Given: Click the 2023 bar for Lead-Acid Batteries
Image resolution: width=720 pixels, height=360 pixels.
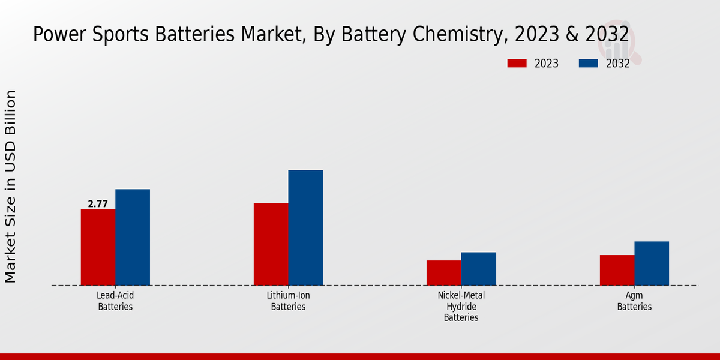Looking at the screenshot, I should click(98, 247).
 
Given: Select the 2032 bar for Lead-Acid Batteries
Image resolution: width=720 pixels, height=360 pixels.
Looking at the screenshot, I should click(133, 237).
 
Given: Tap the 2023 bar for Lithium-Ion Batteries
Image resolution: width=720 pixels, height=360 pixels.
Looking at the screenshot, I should click(271, 244).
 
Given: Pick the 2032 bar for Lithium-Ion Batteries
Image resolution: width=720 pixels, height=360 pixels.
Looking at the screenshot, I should click(305, 227).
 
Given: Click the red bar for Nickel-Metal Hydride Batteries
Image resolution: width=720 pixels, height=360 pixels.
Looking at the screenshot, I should click(444, 272).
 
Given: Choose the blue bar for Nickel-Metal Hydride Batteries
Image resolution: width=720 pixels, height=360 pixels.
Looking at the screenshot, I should click(479, 268).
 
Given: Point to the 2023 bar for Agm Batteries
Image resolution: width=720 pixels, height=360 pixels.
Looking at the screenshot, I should click(617, 270).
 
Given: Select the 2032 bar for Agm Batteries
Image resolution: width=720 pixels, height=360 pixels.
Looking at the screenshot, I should click(652, 263).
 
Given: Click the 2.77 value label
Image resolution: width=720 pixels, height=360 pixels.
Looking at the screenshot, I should click(98, 204).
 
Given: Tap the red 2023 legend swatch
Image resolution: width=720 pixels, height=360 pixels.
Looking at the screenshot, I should click(517, 64).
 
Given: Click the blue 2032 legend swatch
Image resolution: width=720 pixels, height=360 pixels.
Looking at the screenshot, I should click(589, 64).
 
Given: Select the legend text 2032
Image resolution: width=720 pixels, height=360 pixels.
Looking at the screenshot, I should click(617, 64).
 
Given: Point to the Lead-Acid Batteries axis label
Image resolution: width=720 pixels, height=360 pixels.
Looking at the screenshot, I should click(115, 301).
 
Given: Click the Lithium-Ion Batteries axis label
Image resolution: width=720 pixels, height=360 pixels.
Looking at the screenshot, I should click(288, 301).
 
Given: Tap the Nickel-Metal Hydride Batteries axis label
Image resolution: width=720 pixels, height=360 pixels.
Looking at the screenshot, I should click(461, 307).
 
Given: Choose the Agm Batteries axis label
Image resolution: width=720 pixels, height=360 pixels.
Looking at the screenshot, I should click(634, 301).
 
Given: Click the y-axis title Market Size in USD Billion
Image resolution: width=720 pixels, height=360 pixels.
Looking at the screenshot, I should click(11, 186).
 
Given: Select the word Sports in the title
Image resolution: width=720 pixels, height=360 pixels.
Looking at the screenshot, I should click(117, 35).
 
